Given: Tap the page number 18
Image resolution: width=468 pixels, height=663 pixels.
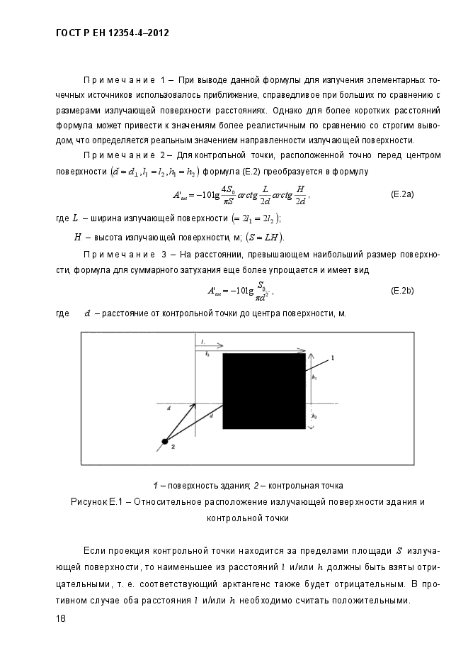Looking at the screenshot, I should (61, 618).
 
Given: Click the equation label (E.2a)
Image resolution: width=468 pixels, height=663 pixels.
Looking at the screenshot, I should (402, 194).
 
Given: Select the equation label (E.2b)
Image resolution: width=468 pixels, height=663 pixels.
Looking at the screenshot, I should (402, 291).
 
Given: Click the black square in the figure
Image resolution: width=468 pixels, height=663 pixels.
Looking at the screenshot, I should (264, 391).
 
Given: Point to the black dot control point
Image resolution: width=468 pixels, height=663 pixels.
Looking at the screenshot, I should (164, 442).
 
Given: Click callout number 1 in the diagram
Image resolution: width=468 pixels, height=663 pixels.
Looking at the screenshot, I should (332, 360).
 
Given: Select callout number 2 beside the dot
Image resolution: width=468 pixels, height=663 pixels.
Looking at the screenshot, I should (173, 448).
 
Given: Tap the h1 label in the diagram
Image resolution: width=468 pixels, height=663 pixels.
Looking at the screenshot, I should (314, 379).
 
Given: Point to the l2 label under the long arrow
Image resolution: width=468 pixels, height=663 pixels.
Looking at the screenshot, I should (207, 352).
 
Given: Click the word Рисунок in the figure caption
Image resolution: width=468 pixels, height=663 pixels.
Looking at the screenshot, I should (89, 502).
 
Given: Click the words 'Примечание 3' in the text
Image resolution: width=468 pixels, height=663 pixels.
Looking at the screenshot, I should (125, 255).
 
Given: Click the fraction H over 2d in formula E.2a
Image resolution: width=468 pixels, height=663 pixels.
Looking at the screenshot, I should (300, 194).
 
